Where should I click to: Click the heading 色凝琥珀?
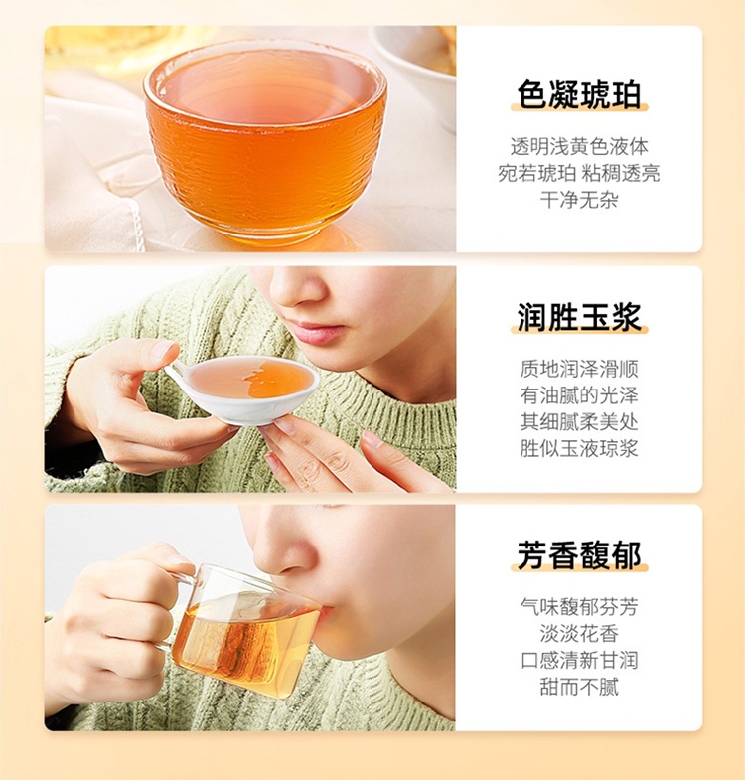[x=579, y=94]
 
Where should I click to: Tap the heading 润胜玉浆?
[x=579, y=316]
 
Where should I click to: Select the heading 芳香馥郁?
[x=579, y=555]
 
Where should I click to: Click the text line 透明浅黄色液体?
[x=579, y=147]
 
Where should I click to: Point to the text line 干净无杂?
[x=579, y=200]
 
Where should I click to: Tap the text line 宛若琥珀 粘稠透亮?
[x=579, y=173]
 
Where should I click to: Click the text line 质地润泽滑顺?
[x=579, y=369]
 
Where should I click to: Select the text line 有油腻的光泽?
[x=579, y=395]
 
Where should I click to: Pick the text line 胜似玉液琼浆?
[x=579, y=448]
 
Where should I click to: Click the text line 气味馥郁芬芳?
[x=579, y=607]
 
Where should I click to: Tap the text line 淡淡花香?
[x=579, y=634]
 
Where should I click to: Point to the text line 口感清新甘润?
[x=579, y=660]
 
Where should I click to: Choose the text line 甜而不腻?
[x=579, y=687]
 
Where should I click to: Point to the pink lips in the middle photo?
[x=318, y=332]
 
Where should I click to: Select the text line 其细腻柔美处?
[x=579, y=422]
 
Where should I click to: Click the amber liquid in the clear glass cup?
[x=243, y=642]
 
